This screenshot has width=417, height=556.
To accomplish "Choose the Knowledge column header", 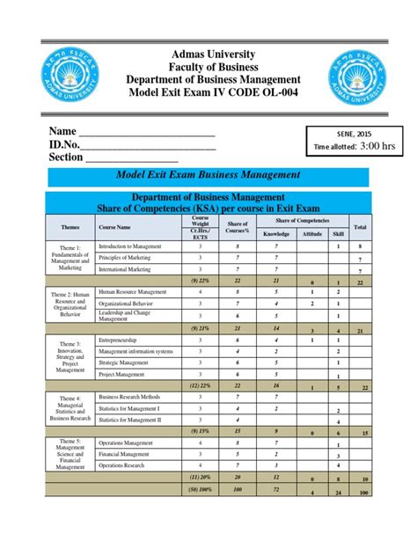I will [x=276, y=234].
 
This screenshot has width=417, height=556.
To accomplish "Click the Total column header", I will [x=360, y=228].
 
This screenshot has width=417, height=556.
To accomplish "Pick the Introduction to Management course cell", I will [x=132, y=246].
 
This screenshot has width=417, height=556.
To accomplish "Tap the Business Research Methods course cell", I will [x=131, y=397].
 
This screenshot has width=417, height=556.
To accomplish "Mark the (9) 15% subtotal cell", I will [x=199, y=430].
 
